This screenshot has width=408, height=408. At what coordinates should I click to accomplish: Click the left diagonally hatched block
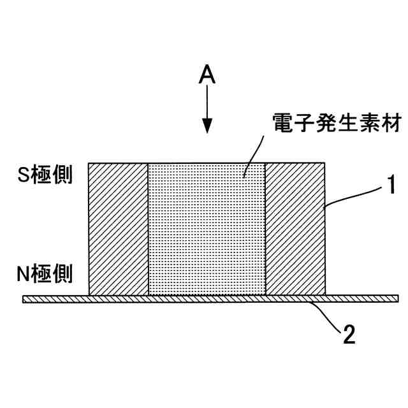118,228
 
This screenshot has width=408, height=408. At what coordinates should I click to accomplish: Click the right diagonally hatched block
295,228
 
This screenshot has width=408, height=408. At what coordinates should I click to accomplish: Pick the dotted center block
207,228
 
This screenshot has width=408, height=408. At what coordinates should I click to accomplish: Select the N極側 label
44,275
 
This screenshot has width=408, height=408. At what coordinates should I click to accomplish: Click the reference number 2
348,334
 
